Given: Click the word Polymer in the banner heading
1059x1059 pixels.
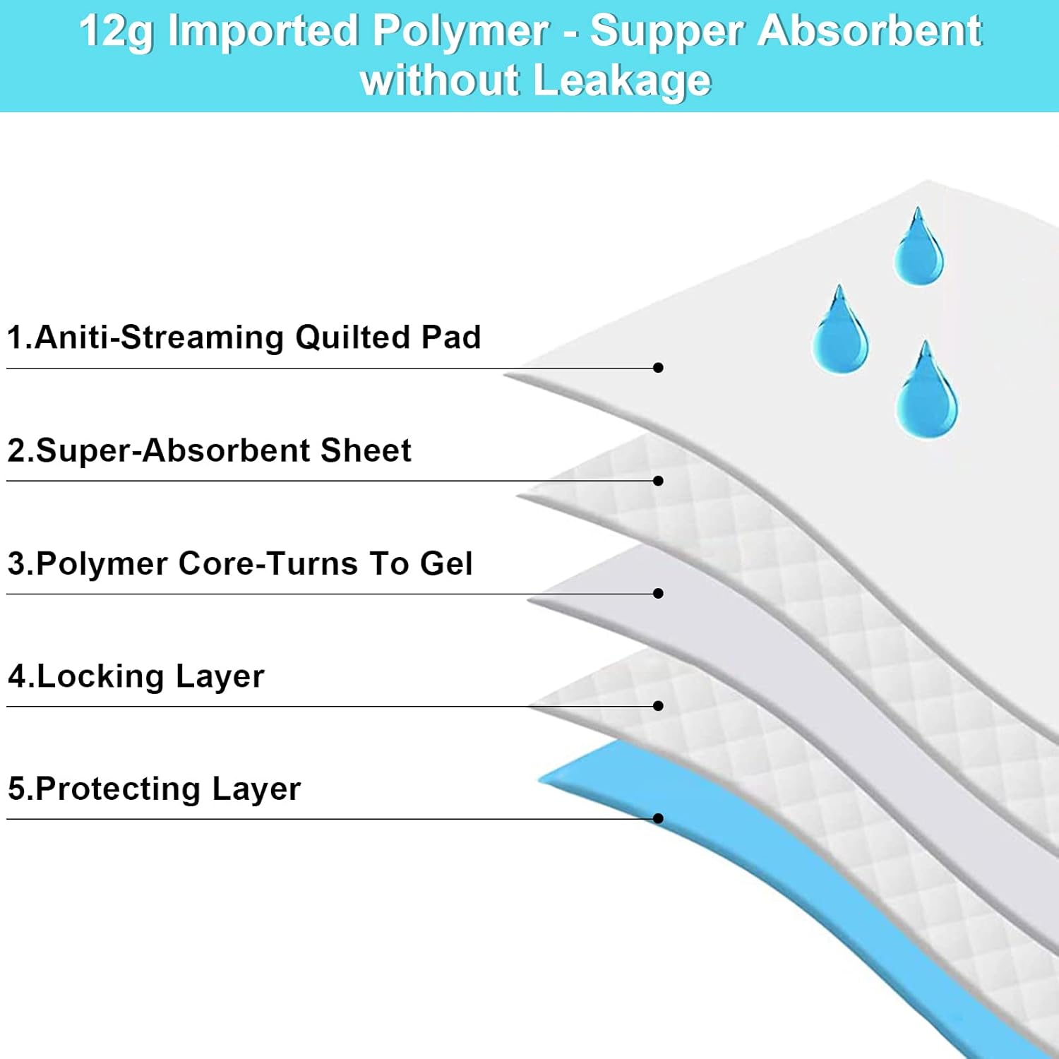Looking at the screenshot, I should point(460,32).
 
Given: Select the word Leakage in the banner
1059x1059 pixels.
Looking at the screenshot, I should point(622,80).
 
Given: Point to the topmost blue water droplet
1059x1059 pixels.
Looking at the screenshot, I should point(918,251).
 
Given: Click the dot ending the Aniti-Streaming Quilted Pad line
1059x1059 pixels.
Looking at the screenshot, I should point(658,368).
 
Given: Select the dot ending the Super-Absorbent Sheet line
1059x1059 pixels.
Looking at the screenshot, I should point(658,481).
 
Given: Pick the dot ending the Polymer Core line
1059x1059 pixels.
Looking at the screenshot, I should point(658,594).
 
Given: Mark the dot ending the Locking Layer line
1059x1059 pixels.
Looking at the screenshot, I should point(658,706).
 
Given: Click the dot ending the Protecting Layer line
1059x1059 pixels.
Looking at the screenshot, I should point(658,819).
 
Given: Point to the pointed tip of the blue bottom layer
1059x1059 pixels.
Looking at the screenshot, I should point(541,779).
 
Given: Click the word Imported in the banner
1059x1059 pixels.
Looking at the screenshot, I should point(263,32).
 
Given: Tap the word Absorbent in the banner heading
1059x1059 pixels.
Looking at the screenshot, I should point(872,32).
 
